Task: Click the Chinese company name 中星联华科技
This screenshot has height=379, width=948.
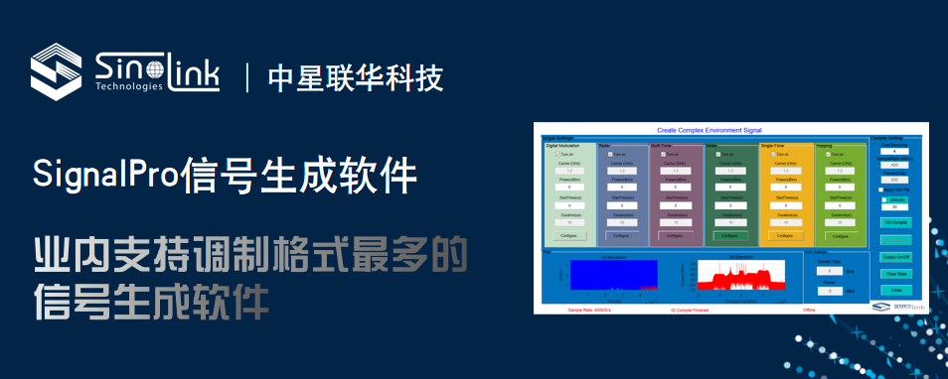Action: click(355, 77)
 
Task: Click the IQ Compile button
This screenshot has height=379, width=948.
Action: click(895, 222)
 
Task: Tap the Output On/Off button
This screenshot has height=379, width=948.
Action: click(895, 257)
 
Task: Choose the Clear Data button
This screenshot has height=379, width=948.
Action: click(895, 273)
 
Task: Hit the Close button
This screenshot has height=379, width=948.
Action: click(895, 290)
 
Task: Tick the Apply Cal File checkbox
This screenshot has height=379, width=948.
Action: click(880, 189)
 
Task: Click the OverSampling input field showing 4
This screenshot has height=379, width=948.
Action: click(895, 151)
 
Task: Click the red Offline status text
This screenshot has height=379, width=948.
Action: click(809, 310)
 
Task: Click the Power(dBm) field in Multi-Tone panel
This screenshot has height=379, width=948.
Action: click(677, 187)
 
